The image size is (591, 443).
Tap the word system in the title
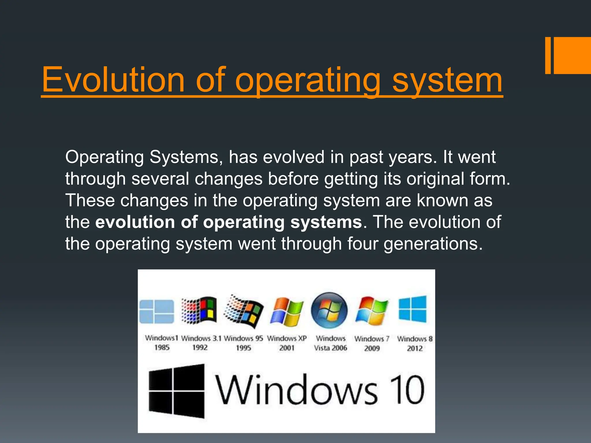447,81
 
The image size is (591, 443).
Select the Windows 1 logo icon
157,312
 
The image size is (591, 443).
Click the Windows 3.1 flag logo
199,310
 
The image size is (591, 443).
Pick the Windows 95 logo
244,311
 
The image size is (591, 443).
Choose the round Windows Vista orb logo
329,311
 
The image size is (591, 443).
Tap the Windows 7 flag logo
372,311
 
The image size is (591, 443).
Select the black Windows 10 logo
177,391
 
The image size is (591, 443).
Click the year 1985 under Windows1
162,348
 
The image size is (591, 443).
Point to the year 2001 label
287,348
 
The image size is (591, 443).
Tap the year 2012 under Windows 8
415,348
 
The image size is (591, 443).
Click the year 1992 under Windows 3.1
200,348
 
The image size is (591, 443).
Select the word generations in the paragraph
433,244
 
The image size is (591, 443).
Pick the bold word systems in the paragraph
326,222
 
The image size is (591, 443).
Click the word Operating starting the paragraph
104,157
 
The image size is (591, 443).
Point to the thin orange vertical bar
548,55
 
